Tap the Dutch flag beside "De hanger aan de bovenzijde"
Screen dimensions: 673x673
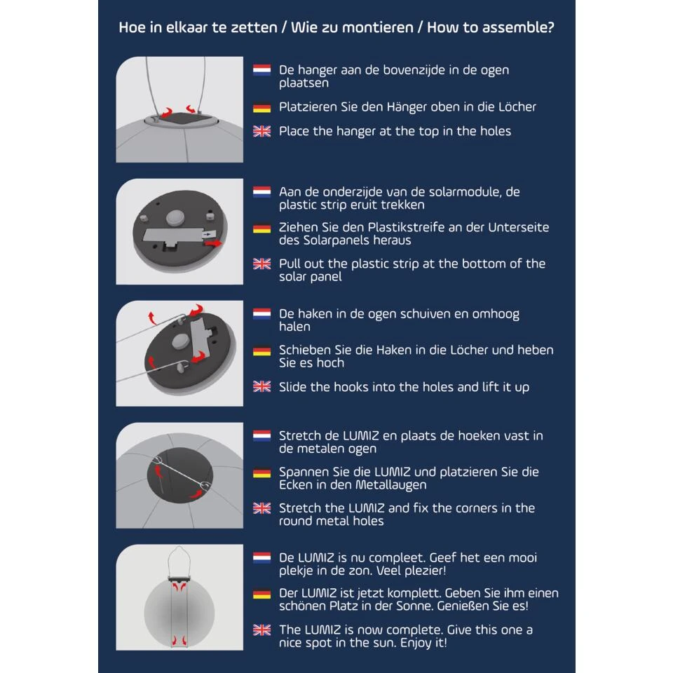click(261, 70)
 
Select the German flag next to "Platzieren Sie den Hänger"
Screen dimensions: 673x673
click(261, 107)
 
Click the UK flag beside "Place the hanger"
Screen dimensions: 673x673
click(261, 131)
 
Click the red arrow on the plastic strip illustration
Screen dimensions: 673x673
click(213, 243)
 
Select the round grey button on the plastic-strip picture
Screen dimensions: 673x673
click(175, 217)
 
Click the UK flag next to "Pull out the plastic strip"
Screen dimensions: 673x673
click(261, 264)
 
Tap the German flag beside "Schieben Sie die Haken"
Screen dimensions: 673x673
click(261, 351)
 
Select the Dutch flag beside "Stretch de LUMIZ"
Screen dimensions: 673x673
click(261, 436)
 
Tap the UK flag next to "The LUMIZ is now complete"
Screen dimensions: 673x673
click(261, 630)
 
